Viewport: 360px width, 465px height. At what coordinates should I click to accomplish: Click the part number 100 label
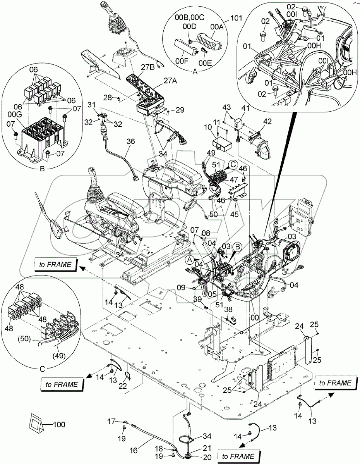[x=59, y=425]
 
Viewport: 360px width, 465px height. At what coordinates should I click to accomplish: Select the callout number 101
[x=236, y=18]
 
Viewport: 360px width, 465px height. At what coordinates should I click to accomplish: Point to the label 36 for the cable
[x=130, y=141]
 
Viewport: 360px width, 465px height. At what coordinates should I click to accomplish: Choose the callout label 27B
[x=147, y=67]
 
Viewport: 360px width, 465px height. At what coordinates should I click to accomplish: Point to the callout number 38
[x=229, y=310]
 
